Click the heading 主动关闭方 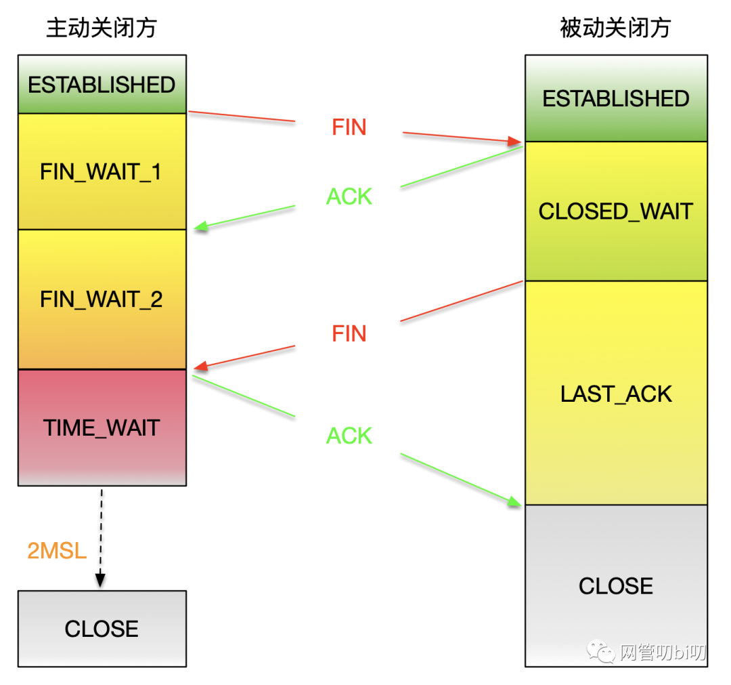(102, 28)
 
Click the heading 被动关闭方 (615, 28)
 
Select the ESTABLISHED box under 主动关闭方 (102, 85)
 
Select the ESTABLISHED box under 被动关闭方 (616, 99)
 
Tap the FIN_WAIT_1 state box (102, 171)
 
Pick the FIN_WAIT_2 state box (102, 299)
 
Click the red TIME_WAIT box (102, 428)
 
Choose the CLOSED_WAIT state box (616, 211)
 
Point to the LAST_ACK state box (616, 394)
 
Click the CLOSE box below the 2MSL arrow (102, 629)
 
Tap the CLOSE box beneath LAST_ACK (616, 586)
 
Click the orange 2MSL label (57, 551)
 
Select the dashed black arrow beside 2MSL (101, 535)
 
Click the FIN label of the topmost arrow (349, 127)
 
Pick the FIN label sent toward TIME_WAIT (349, 333)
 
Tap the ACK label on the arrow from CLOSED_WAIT (349, 196)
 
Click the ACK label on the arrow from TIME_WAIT (349, 436)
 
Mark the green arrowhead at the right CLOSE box (516, 501)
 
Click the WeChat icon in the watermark (601, 652)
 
